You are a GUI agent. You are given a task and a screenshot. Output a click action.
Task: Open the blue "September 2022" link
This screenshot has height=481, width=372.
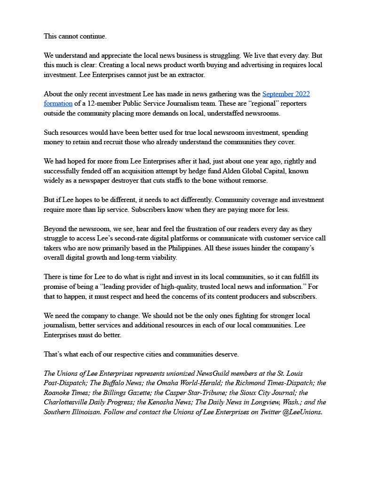coord(286,94)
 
